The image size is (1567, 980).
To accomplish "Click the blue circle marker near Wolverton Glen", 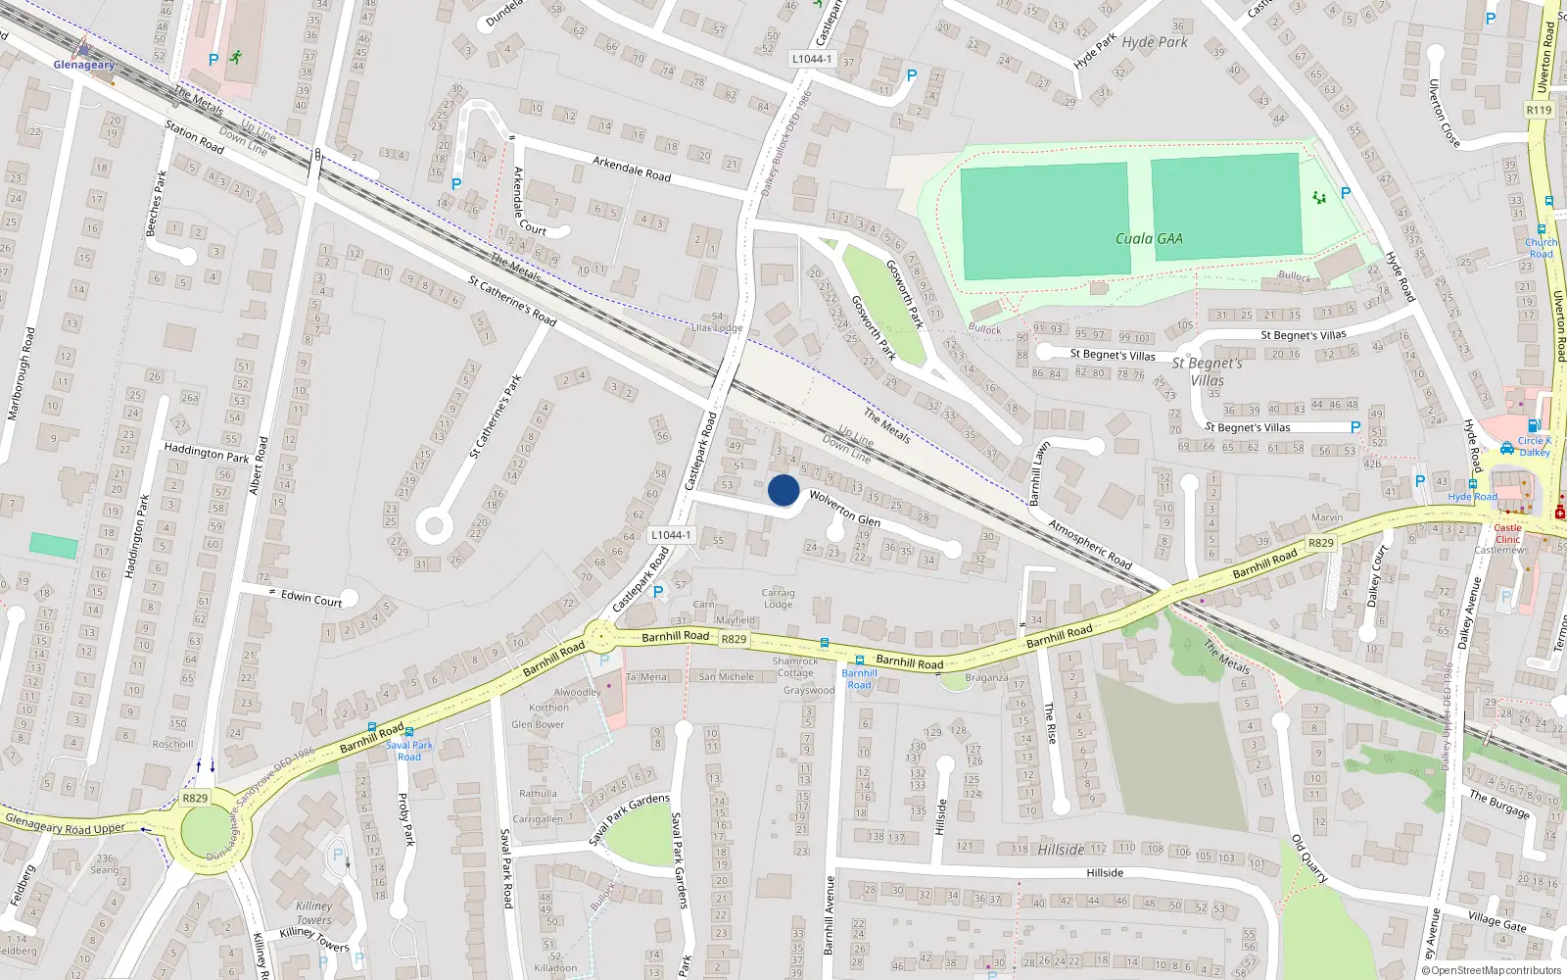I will click(783, 490).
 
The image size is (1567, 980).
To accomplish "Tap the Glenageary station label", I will click(83, 65).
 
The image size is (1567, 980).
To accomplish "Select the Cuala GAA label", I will click(1149, 238).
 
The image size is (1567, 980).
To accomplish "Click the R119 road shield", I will click(1539, 110).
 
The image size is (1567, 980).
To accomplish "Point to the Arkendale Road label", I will click(632, 168).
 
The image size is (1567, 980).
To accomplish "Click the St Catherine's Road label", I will click(511, 301).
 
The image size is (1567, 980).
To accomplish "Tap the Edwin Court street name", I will click(311, 598).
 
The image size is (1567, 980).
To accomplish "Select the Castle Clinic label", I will click(1507, 533).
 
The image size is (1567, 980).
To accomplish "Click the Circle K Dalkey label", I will click(1534, 446).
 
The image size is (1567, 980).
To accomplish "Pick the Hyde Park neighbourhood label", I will click(1155, 42).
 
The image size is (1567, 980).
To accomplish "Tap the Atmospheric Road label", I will click(1090, 544).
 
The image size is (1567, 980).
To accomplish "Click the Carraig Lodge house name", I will click(779, 598).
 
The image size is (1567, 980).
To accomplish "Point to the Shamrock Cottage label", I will click(795, 666).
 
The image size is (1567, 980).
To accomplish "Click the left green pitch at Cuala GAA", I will click(1044, 220).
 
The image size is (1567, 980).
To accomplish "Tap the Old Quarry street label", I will click(1309, 858).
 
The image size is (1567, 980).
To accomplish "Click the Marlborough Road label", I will click(22, 373).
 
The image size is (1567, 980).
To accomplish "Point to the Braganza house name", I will click(986, 677).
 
